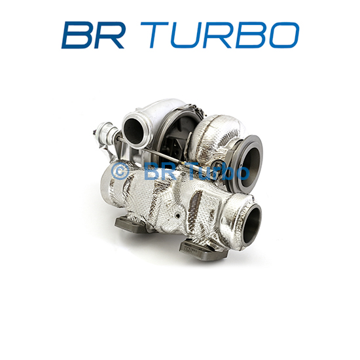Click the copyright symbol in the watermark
click(119, 171)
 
